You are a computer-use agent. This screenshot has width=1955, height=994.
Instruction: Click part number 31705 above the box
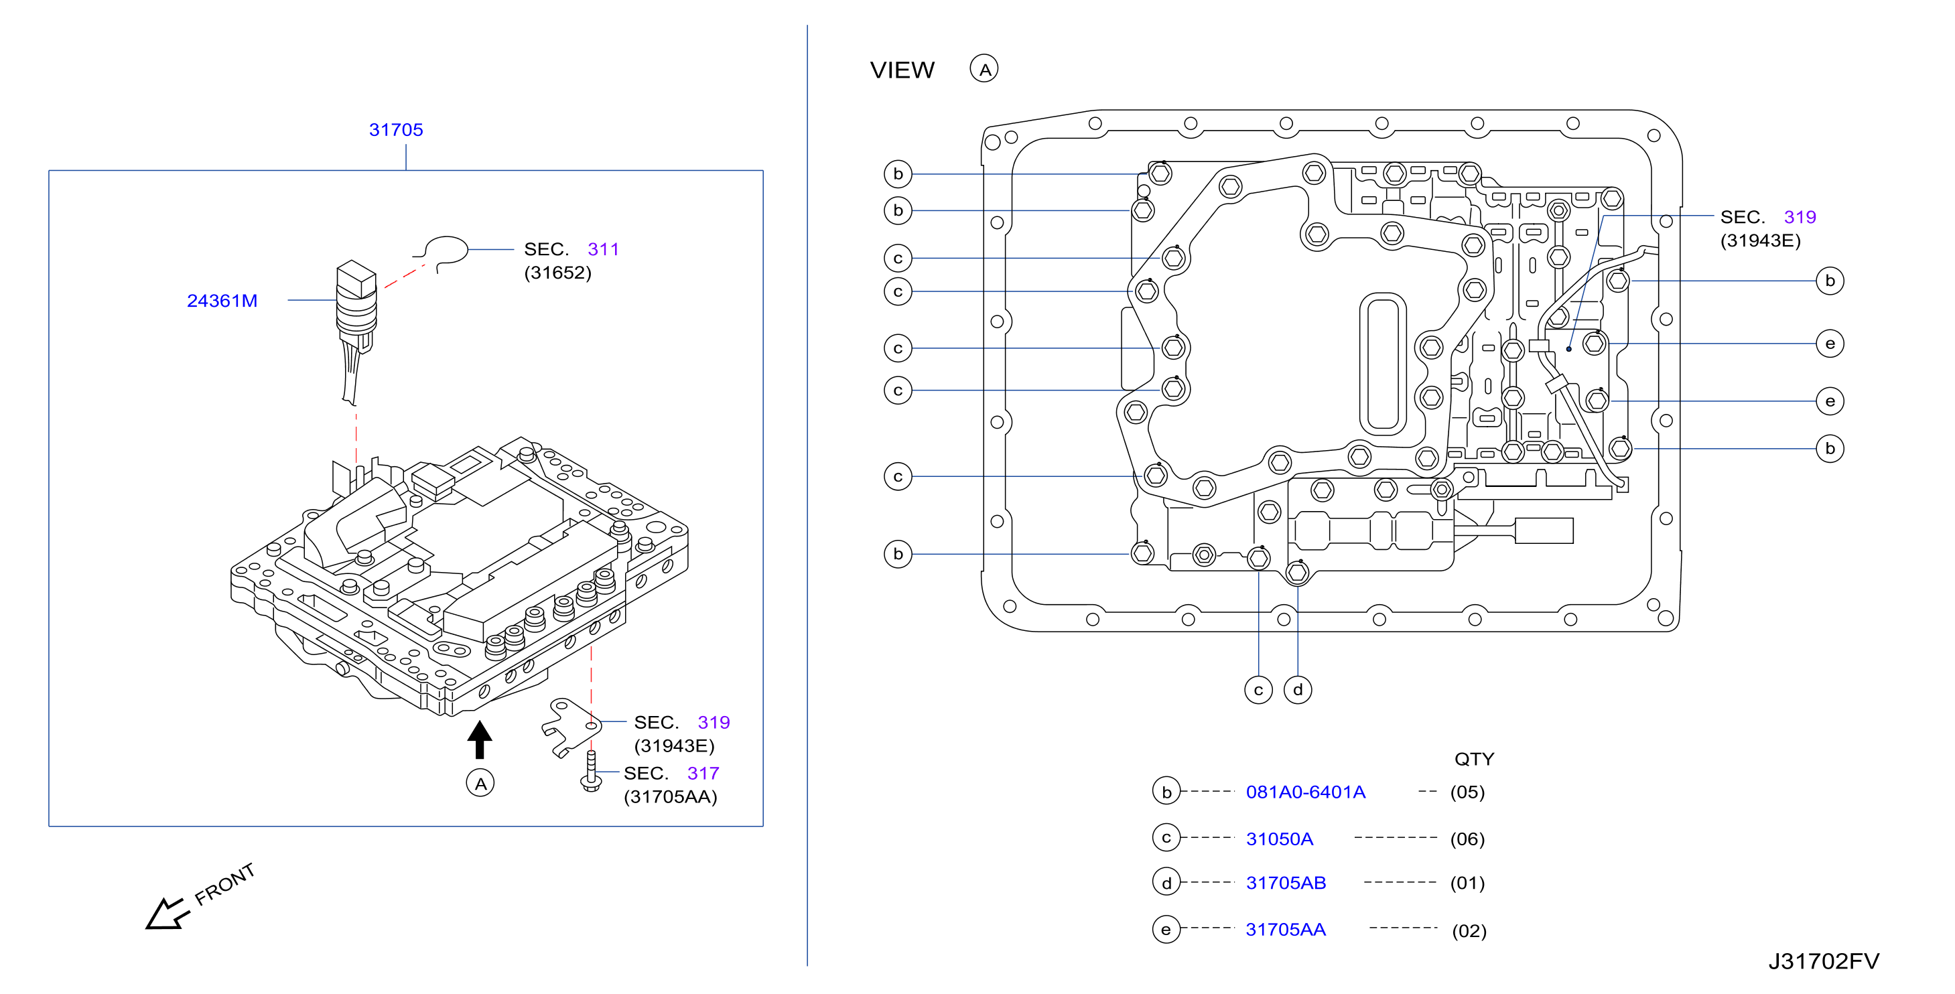[x=395, y=130]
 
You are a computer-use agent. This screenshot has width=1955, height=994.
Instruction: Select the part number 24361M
[x=222, y=301]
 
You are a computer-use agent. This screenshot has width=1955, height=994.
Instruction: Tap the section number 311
[x=604, y=249]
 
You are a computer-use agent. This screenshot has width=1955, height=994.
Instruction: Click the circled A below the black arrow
[x=480, y=783]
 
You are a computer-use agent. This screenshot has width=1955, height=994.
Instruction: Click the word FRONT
[x=224, y=884]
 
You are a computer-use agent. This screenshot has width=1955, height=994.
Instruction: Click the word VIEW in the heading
[x=902, y=70]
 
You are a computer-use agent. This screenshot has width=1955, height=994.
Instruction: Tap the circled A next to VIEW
[x=984, y=69]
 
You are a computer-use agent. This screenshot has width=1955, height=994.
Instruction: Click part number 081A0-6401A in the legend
[x=1305, y=792]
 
